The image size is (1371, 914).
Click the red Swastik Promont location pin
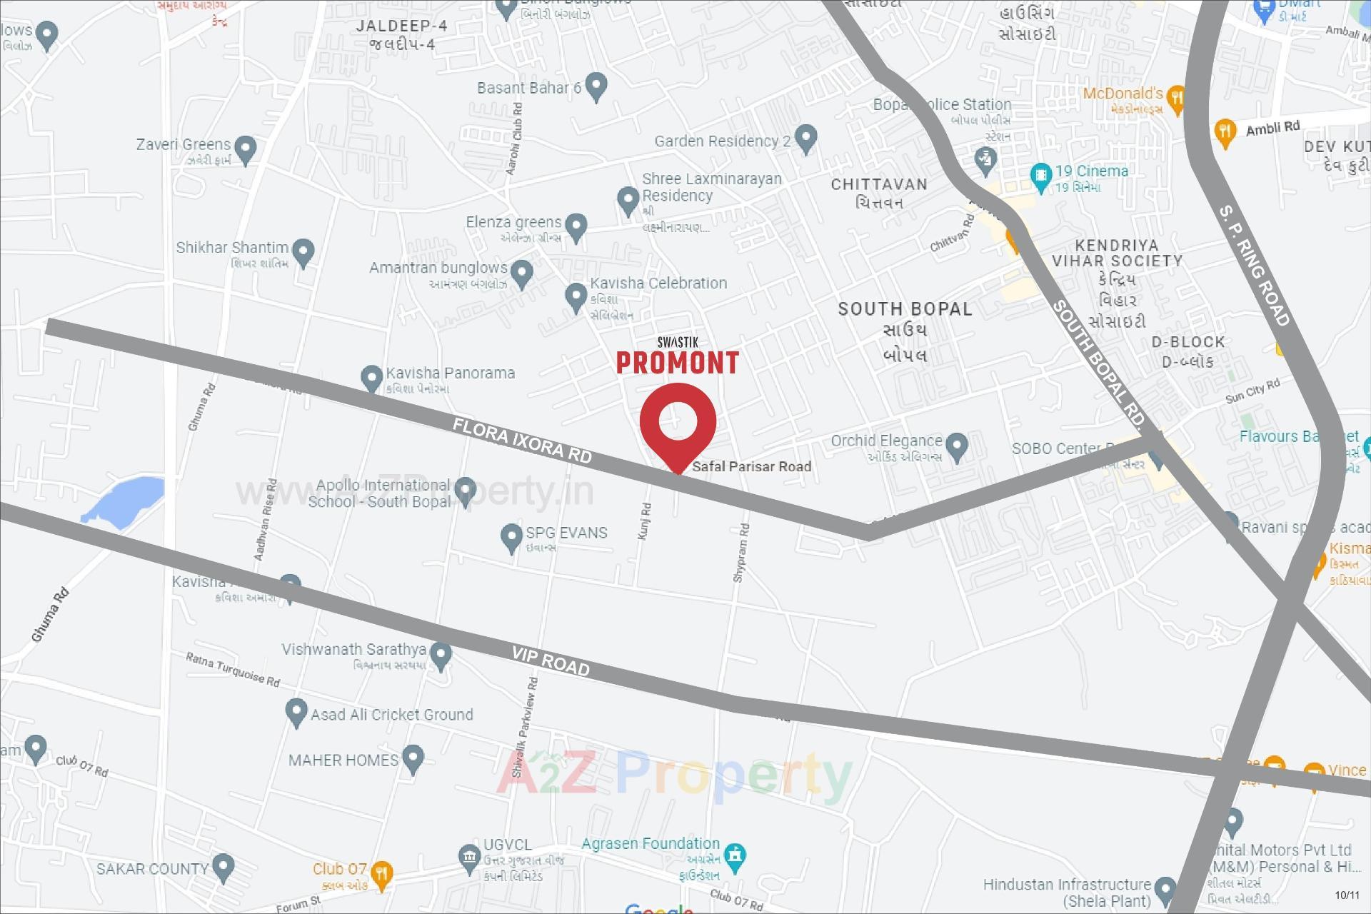[678, 421]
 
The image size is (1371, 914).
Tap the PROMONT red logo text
[677, 363]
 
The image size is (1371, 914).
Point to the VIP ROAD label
[551, 662]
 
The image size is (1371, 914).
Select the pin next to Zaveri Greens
[246, 149]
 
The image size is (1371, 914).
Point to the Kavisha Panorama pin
[371, 377]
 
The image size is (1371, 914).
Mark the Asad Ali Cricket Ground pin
[296, 712]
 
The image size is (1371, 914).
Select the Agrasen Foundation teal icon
[735, 854]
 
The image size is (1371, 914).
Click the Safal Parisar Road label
[751, 466]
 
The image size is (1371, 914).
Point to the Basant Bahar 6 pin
[596, 86]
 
